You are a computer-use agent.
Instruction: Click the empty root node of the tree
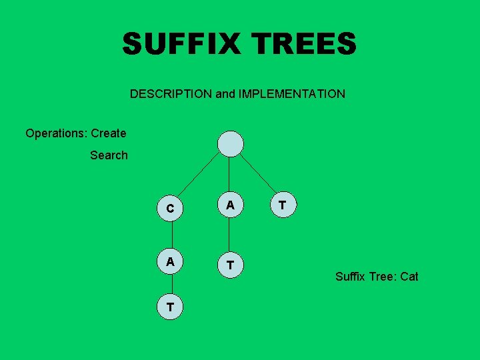point(231,143)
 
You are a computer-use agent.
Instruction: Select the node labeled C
point(171,209)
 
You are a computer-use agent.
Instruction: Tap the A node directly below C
point(171,262)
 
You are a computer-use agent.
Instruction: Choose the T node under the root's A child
point(230,265)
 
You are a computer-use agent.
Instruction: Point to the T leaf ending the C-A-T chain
point(171,307)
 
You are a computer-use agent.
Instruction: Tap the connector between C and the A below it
point(171,235)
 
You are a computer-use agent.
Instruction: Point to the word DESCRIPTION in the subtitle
point(171,94)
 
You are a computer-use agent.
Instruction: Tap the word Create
point(109,133)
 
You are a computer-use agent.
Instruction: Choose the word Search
point(109,155)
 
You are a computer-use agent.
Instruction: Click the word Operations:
point(57,133)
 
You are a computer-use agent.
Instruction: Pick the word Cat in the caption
point(409,276)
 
